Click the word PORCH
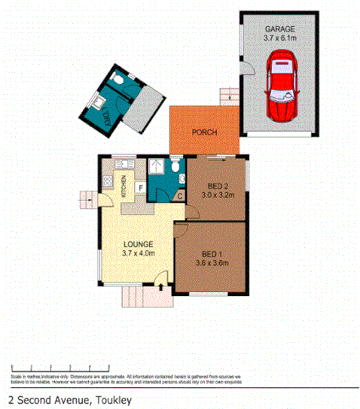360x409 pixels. (204, 133)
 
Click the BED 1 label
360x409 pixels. (209, 255)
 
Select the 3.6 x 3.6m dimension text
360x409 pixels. (209, 264)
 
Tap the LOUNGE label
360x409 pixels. (139, 244)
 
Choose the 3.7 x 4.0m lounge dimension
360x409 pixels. (139, 253)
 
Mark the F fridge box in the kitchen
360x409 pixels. (139, 188)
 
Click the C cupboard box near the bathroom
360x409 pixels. (178, 197)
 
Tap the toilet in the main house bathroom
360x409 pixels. (175, 166)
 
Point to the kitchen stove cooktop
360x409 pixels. (107, 182)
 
